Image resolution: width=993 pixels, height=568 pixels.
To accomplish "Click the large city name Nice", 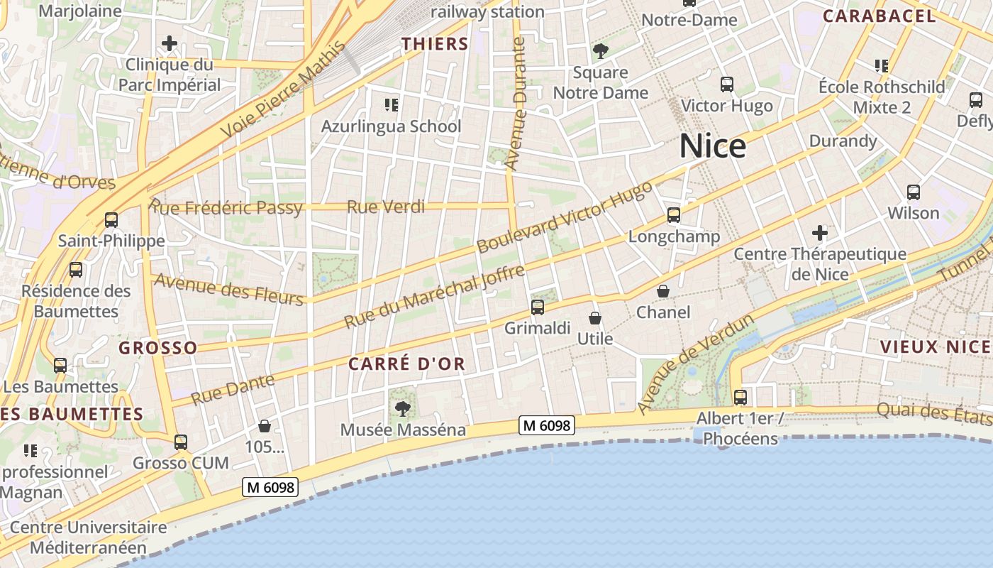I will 713,146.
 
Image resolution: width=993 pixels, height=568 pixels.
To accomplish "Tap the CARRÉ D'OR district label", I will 406,364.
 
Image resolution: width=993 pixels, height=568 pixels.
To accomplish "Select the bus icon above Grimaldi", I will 538,307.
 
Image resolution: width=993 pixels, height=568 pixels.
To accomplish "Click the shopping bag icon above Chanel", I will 663,291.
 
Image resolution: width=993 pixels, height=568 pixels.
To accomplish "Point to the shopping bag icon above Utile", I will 595,318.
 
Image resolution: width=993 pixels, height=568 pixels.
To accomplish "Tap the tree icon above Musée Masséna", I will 403,409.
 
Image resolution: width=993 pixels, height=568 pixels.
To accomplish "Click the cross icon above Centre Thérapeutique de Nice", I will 820,233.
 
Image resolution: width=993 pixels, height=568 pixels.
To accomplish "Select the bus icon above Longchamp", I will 674,215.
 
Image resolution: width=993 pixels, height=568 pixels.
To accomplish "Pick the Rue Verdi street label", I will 386,207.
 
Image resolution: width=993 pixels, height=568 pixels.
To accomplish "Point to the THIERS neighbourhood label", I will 435,44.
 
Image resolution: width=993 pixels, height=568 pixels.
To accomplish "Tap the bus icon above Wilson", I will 914,192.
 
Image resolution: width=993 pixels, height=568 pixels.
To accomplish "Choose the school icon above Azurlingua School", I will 391,106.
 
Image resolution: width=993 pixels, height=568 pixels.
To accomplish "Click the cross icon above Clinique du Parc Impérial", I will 170,44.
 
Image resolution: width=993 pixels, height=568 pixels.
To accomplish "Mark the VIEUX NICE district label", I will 935,347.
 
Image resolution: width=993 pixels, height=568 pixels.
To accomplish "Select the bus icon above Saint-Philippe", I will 111,220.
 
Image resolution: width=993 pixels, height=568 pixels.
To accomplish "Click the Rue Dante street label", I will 233,390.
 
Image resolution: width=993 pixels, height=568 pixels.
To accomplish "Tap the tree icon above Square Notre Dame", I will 601,51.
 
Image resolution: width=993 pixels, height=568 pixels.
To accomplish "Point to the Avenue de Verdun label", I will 695,364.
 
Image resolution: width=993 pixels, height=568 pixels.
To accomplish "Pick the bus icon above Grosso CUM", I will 181,442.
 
